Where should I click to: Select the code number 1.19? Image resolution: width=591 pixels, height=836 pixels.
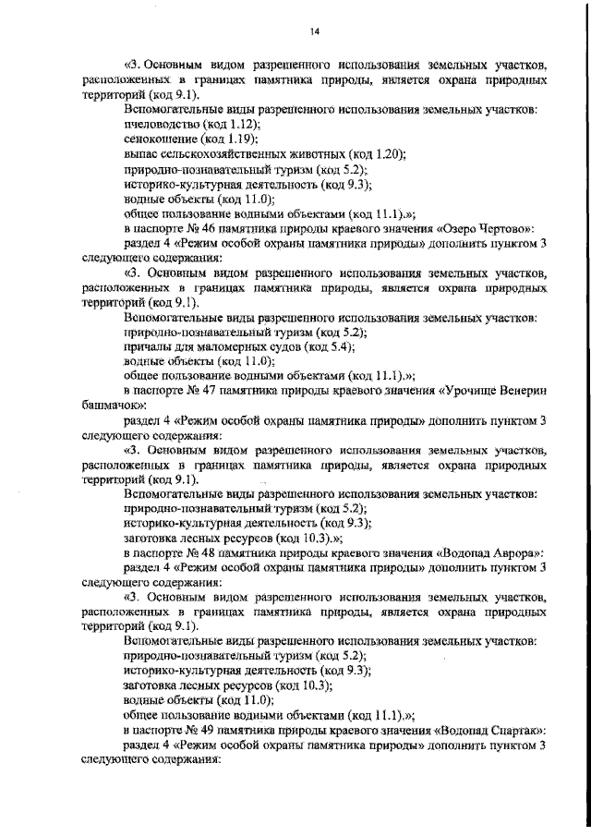click(x=233, y=139)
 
